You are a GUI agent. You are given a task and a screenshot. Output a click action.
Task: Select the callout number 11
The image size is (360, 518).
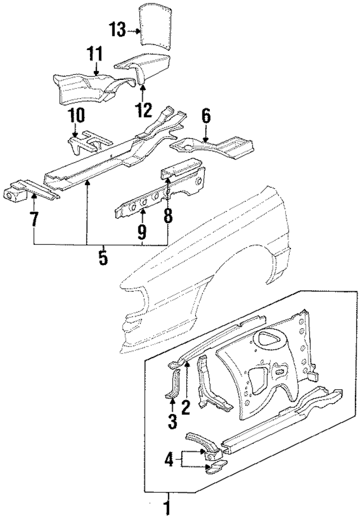click(94, 55)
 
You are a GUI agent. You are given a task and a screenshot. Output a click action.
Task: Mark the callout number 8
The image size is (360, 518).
click(168, 216)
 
